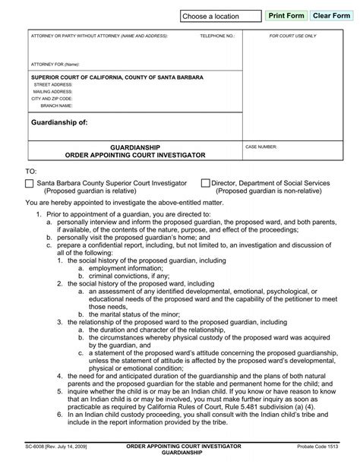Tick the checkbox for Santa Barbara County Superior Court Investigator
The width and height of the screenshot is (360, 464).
click(29, 184)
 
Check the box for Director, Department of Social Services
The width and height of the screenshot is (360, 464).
click(205, 184)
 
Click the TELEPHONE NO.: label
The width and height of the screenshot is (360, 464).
click(217, 36)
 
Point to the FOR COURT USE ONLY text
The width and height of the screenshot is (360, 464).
click(293, 36)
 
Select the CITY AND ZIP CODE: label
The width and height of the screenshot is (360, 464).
click(52, 99)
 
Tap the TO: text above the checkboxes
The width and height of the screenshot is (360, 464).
click(31, 172)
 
